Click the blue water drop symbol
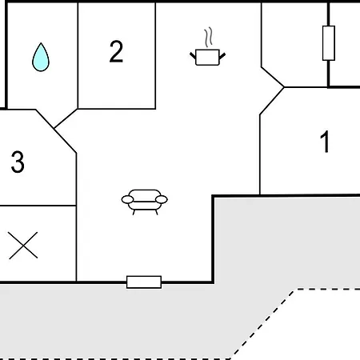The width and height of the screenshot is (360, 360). [41, 58]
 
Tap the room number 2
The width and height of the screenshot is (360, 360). [116, 51]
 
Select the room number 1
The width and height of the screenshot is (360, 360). [325, 142]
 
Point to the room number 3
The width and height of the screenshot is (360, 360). [18, 162]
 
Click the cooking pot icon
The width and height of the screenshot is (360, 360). [207, 57]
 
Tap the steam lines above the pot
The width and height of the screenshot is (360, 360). [209, 37]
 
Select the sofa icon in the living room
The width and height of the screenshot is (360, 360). [144, 202]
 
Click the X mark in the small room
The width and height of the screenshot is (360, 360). [23, 246]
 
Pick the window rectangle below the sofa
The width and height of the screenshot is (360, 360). [144, 282]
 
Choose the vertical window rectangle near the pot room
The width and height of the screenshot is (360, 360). [329, 43]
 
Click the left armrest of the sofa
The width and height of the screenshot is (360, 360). [127, 199]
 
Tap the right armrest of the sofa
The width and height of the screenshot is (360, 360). [162, 199]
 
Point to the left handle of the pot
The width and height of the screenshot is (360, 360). [193, 56]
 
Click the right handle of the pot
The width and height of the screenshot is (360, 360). [222, 56]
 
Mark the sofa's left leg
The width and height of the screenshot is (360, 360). [134, 212]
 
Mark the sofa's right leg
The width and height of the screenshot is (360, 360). [157, 212]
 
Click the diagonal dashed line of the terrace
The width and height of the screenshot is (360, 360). [263, 324]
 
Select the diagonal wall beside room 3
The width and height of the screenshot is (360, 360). [56, 131]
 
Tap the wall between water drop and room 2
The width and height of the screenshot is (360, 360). [78, 55]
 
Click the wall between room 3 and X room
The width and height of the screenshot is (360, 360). [38, 206]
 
